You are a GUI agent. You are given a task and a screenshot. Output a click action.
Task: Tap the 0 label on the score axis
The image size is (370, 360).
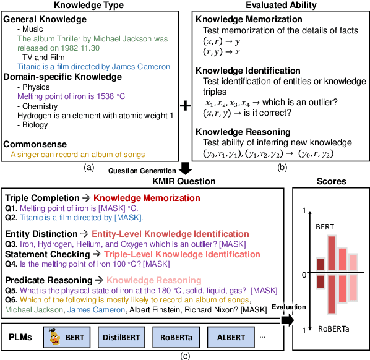tap(304, 273)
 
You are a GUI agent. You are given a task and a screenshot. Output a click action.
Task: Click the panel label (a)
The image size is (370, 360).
tap(89, 166)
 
